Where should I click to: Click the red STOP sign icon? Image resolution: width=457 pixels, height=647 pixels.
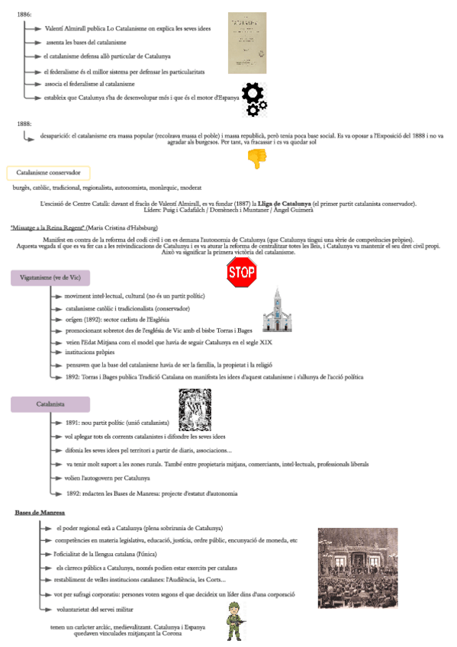point(242,272)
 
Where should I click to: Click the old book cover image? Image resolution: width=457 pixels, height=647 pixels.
point(247,43)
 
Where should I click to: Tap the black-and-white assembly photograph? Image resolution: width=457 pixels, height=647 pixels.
point(358,568)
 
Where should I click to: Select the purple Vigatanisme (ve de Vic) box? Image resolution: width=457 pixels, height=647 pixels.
point(50,278)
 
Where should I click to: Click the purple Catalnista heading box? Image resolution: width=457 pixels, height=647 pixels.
point(50,403)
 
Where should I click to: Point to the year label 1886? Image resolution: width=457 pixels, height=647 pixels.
point(23,14)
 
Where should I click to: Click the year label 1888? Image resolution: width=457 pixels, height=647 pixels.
point(23,123)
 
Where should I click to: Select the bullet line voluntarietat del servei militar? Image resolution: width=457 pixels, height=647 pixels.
point(95,609)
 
